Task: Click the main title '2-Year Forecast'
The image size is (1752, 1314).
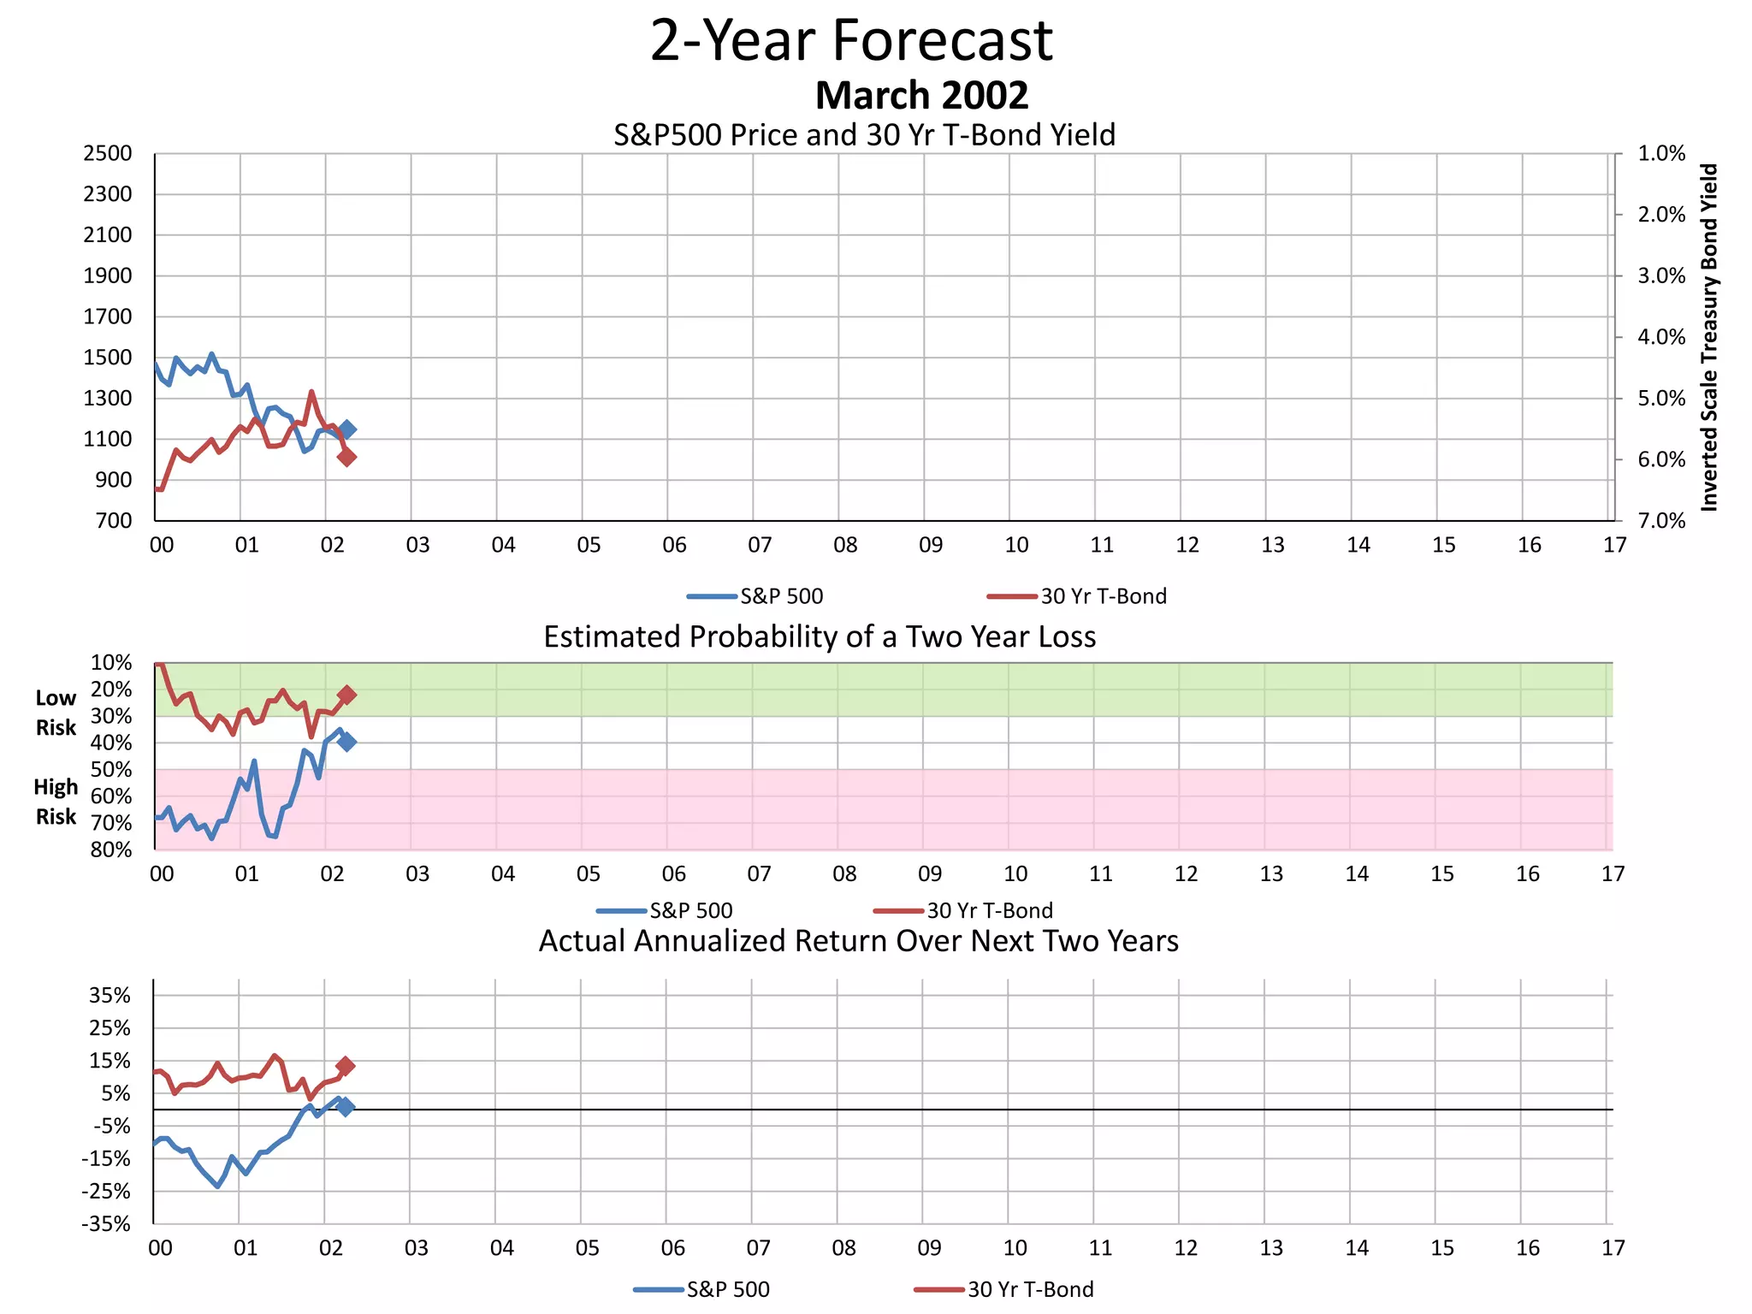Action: pos(851,40)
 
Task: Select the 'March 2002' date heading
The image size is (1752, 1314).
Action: pos(921,95)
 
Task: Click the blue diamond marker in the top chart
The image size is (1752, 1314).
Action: pos(346,429)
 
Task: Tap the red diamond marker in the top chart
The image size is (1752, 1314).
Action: pos(346,457)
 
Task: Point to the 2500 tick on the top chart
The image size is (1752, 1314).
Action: pos(108,154)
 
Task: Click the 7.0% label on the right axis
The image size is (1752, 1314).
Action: pos(1661,521)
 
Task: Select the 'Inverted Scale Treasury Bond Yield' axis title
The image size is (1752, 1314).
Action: pos(1709,337)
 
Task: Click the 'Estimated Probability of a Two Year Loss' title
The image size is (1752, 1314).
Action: pos(820,637)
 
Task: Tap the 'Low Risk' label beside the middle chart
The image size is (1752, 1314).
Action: pos(56,713)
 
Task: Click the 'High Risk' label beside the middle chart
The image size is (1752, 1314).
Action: pos(56,802)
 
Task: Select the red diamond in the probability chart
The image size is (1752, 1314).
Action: pos(346,695)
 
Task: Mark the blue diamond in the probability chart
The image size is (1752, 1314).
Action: pos(346,742)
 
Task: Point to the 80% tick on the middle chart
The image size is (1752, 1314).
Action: pos(111,849)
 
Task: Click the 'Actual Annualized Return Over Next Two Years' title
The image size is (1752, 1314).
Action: pos(858,941)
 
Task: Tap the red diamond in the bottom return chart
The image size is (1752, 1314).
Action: pos(346,1066)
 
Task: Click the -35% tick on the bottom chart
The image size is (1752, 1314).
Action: pos(106,1223)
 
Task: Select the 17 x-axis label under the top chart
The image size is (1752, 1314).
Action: pos(1614,545)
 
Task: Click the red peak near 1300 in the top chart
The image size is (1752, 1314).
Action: pos(311,393)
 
